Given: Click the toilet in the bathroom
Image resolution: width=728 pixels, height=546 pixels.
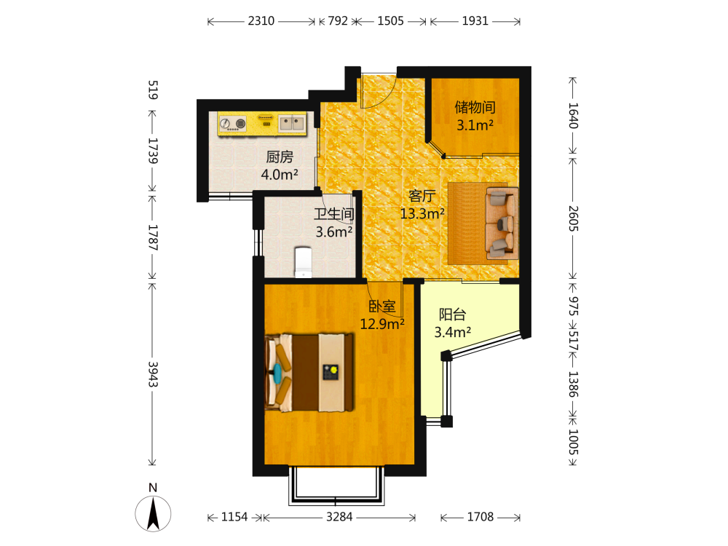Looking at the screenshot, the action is pyautogui.click(x=303, y=262).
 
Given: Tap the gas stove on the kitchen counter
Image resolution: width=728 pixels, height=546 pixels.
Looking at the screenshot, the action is pyautogui.click(x=233, y=124).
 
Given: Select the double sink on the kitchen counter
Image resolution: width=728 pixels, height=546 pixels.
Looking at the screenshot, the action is pyautogui.click(x=292, y=123).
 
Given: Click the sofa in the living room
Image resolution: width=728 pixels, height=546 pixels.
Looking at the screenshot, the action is pyautogui.click(x=502, y=223).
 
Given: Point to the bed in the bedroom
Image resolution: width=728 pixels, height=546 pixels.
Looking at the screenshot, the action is pyautogui.click(x=309, y=372).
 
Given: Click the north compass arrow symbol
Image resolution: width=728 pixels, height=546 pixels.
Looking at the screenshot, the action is pyautogui.click(x=153, y=513).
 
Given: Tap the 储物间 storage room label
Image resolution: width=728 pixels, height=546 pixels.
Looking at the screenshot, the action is pyautogui.click(x=475, y=107).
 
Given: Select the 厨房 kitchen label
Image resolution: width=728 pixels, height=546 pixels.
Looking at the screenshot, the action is pyautogui.click(x=280, y=157).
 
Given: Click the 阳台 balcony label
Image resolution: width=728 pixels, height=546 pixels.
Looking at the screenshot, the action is pyautogui.click(x=453, y=314).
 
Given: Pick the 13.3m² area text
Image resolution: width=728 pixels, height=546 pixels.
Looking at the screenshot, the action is pyautogui.click(x=422, y=213).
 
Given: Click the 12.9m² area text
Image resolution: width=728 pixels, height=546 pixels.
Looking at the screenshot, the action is pyautogui.click(x=382, y=324).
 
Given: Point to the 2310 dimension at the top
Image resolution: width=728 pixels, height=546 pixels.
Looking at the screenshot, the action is pyautogui.click(x=261, y=21).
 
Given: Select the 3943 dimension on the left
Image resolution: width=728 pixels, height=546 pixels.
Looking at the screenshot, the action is pyautogui.click(x=153, y=374).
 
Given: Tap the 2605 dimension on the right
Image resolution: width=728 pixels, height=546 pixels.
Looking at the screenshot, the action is pyautogui.click(x=573, y=218).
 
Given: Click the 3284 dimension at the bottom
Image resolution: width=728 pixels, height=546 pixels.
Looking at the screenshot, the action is pyautogui.click(x=339, y=517).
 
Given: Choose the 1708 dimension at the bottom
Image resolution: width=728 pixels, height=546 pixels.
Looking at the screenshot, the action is pyautogui.click(x=480, y=517).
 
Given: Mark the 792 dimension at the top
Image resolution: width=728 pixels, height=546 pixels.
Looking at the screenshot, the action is pyautogui.click(x=338, y=21).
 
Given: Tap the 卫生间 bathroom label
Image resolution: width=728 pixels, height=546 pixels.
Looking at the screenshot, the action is pyautogui.click(x=334, y=214).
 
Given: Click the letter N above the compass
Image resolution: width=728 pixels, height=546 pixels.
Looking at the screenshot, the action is pyautogui.click(x=153, y=488).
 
